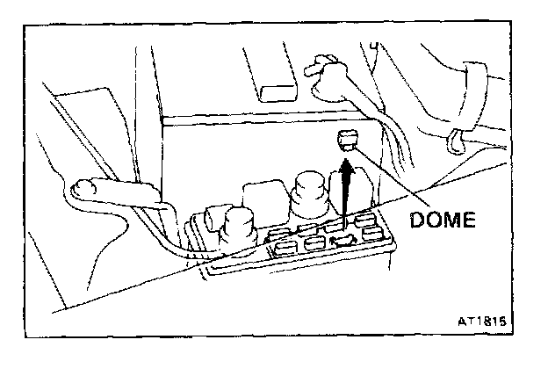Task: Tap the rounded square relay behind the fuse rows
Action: point(261,199)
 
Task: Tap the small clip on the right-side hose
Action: point(456,138)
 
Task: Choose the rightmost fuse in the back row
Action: point(368,221)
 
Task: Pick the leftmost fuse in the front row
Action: point(284,250)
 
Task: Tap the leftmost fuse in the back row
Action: point(279,235)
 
